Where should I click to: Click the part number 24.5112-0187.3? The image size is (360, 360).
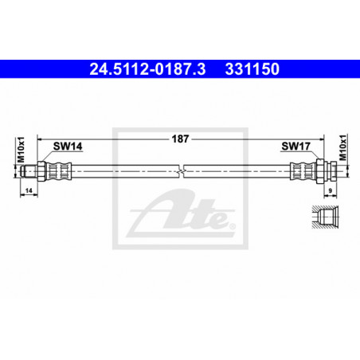(147, 69)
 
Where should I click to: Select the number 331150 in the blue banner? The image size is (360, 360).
(252, 69)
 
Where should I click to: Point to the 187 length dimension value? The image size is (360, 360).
(180, 139)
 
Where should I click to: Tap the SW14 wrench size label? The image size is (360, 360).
(68, 147)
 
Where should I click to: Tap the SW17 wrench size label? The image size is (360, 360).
(295, 146)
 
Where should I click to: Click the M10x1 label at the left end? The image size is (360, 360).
(21, 150)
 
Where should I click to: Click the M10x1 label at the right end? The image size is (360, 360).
(343, 147)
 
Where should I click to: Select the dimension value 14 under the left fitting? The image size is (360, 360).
(29, 190)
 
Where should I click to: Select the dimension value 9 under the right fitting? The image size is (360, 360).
(331, 190)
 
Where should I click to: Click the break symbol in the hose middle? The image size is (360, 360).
(182, 171)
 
